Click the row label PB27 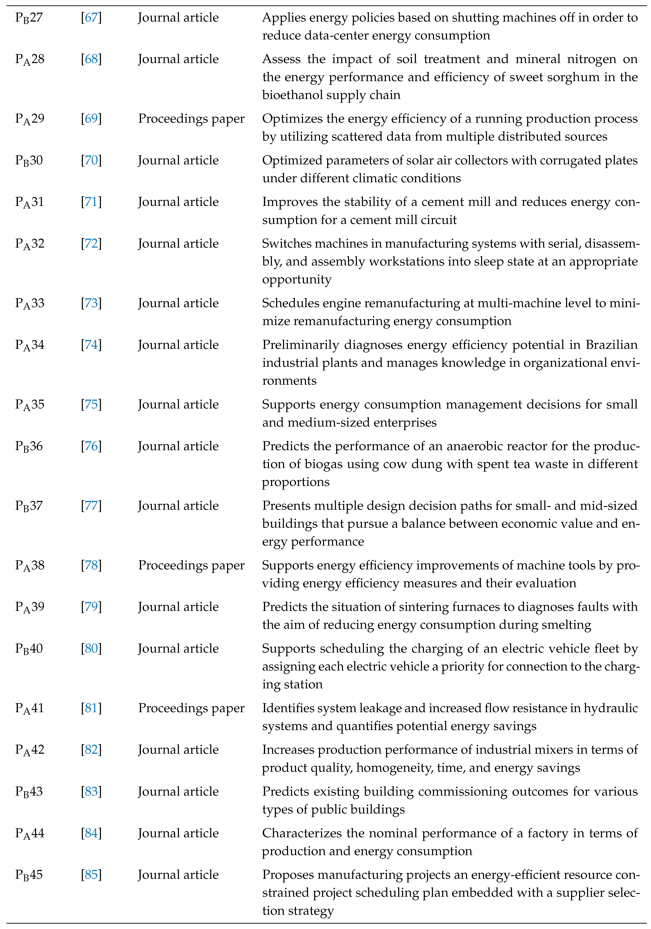[x=29, y=18]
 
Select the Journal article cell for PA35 [x=178, y=405]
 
